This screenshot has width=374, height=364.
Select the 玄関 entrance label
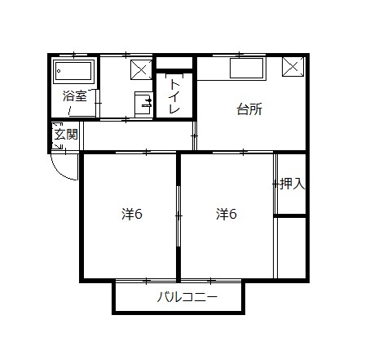(65, 135)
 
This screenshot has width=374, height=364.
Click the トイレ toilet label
(174, 96)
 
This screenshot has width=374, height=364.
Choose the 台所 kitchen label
(249, 109)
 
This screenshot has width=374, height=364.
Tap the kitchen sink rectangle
(245, 69)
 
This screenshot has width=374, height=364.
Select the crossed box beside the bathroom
(141, 69)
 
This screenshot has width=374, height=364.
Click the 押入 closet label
(292, 184)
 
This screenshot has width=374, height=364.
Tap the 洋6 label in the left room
(132, 215)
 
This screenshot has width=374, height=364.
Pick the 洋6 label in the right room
(227, 215)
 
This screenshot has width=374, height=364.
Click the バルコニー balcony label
(187, 297)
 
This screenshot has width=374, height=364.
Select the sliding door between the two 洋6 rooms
(178, 216)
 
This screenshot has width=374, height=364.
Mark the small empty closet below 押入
(290, 246)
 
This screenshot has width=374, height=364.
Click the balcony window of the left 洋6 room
(145, 281)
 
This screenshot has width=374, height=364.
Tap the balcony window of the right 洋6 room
(210, 281)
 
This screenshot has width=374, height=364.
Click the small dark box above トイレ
(174, 63)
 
